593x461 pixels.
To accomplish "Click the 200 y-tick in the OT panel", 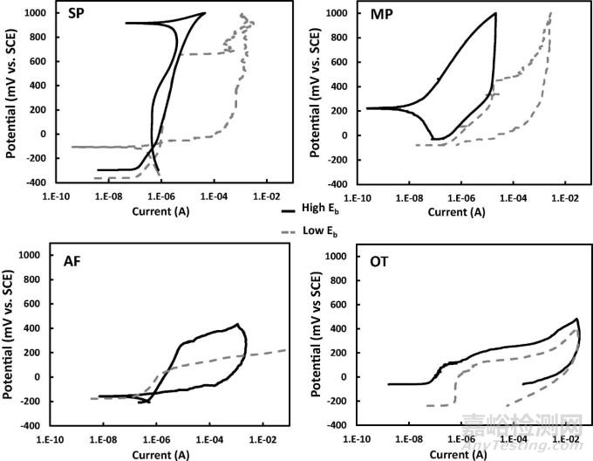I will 337,353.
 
